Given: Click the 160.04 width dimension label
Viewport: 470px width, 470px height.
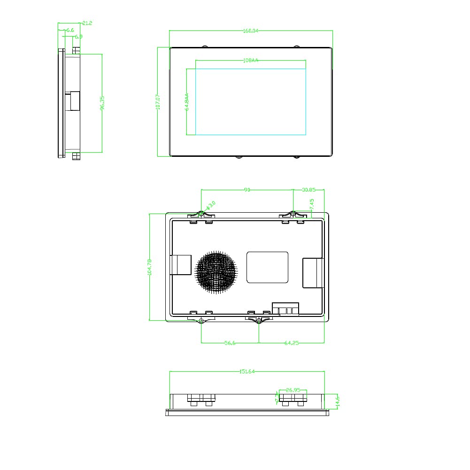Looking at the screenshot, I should click(x=251, y=31).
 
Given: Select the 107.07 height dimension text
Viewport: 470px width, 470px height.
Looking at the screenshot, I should click(x=158, y=102).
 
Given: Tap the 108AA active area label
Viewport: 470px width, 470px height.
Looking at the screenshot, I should click(x=251, y=60).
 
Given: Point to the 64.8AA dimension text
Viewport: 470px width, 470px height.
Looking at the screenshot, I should click(x=187, y=102).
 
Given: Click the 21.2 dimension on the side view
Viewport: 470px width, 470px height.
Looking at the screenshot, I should click(x=87, y=23).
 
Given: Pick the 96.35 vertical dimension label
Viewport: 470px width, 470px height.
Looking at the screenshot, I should click(x=102, y=103).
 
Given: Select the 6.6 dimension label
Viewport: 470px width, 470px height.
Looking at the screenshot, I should click(x=70, y=30).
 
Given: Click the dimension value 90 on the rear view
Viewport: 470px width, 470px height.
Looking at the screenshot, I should click(x=247, y=190).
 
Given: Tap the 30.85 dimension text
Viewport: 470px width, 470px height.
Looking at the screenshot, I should click(x=308, y=190).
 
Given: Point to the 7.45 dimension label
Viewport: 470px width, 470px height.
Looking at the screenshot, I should click(x=312, y=204).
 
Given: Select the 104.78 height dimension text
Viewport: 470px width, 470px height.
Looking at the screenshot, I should click(x=149, y=267).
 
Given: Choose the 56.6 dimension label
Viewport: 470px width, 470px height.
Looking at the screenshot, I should click(x=230, y=343).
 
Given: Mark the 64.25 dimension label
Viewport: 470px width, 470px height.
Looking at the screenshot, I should click(x=292, y=343).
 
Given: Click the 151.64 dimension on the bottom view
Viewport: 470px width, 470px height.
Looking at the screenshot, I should click(x=247, y=371).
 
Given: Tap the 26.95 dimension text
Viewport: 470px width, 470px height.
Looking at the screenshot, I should click(x=293, y=390).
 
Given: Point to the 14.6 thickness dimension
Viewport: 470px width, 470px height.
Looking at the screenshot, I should click(x=337, y=401).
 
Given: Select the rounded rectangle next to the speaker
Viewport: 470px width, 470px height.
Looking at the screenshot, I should click(x=267, y=267).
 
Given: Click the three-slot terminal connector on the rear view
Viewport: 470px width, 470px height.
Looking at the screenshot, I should click(x=286, y=310).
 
